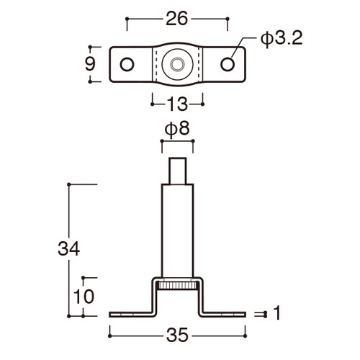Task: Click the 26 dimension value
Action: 176,19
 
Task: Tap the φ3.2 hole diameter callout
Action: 282,39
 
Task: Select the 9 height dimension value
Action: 90,64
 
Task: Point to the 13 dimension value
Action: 177,104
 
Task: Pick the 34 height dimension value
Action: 68,248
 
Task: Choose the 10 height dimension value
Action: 84,297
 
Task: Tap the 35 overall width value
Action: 177,335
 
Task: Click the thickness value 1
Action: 277,313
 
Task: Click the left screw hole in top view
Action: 127,64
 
